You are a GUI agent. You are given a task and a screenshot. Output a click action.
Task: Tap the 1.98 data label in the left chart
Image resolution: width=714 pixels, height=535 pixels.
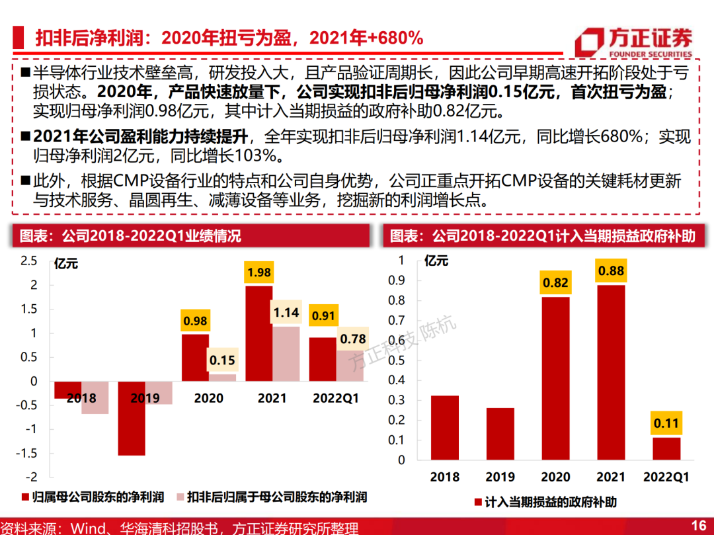259,272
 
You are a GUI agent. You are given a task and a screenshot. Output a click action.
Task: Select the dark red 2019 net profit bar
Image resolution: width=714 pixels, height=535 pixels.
132,418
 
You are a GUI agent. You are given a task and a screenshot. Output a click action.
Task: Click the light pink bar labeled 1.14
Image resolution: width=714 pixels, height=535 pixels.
286,354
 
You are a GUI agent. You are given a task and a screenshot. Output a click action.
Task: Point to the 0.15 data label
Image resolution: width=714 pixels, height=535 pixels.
222,360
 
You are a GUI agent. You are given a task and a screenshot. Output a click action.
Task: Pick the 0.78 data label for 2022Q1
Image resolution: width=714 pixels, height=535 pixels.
353,339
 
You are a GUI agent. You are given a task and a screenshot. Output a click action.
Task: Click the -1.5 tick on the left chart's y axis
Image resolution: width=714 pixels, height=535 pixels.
26,453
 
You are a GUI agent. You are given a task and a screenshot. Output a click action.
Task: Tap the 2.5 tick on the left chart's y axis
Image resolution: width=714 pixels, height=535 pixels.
28,261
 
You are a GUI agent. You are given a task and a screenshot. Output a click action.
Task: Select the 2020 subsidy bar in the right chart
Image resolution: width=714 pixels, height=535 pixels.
555,378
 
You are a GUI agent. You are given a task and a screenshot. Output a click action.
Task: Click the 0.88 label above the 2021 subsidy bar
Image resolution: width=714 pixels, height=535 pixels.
611,271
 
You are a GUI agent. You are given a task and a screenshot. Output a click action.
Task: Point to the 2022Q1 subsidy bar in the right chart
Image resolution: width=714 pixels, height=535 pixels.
666,448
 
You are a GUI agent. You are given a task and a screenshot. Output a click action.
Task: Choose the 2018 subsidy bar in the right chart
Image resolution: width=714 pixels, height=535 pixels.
445,428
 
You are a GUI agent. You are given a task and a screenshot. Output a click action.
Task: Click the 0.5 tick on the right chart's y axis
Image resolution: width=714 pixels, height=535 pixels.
396,360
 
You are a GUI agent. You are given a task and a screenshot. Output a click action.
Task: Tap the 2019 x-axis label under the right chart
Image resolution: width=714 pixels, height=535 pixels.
500,477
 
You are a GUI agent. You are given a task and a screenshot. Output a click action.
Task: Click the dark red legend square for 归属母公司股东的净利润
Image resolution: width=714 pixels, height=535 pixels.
26,497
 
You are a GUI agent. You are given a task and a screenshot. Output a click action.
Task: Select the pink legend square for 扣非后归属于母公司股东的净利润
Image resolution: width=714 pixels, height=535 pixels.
180,497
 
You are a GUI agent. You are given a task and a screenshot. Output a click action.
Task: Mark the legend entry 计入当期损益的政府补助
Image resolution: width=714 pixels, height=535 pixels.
545,502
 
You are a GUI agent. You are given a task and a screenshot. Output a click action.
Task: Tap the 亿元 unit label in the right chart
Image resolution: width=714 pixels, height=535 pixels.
436,261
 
